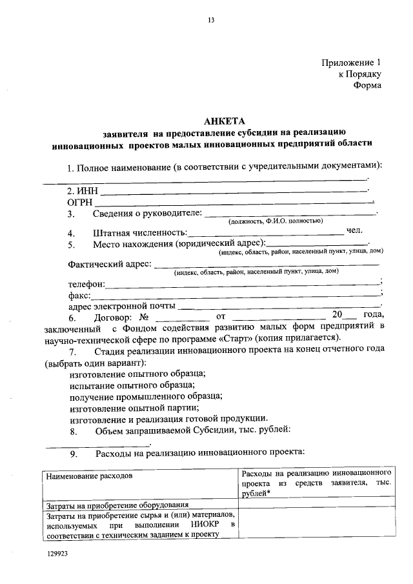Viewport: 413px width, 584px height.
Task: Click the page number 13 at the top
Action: (210, 20)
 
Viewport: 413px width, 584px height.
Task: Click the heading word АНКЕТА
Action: (224, 121)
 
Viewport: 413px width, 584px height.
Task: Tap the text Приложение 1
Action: (352, 63)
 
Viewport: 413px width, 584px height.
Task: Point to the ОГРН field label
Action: (81, 202)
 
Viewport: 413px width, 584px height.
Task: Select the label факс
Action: (79, 295)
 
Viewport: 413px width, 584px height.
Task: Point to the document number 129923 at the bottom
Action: (56, 554)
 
